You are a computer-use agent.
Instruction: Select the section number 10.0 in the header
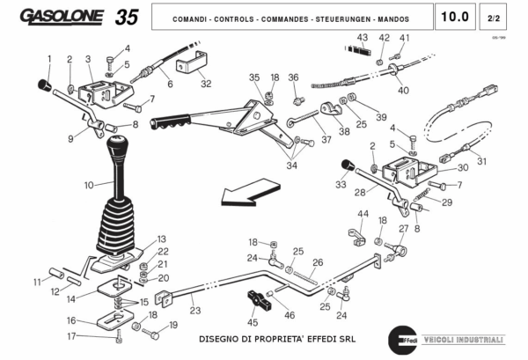pos(455,17)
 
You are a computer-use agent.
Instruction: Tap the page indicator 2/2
pos(492,17)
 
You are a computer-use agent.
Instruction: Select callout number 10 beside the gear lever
pos(88,186)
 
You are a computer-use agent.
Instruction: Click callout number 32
pos(206,84)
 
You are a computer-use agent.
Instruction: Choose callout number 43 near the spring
pos(362,37)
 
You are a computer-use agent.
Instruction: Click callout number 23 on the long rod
pos(194,310)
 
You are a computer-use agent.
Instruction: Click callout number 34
pos(290,164)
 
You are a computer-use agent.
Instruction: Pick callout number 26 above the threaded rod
pos(318,261)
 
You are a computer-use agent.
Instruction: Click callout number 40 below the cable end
pos(403,91)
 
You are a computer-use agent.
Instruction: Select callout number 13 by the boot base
pos(161,239)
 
